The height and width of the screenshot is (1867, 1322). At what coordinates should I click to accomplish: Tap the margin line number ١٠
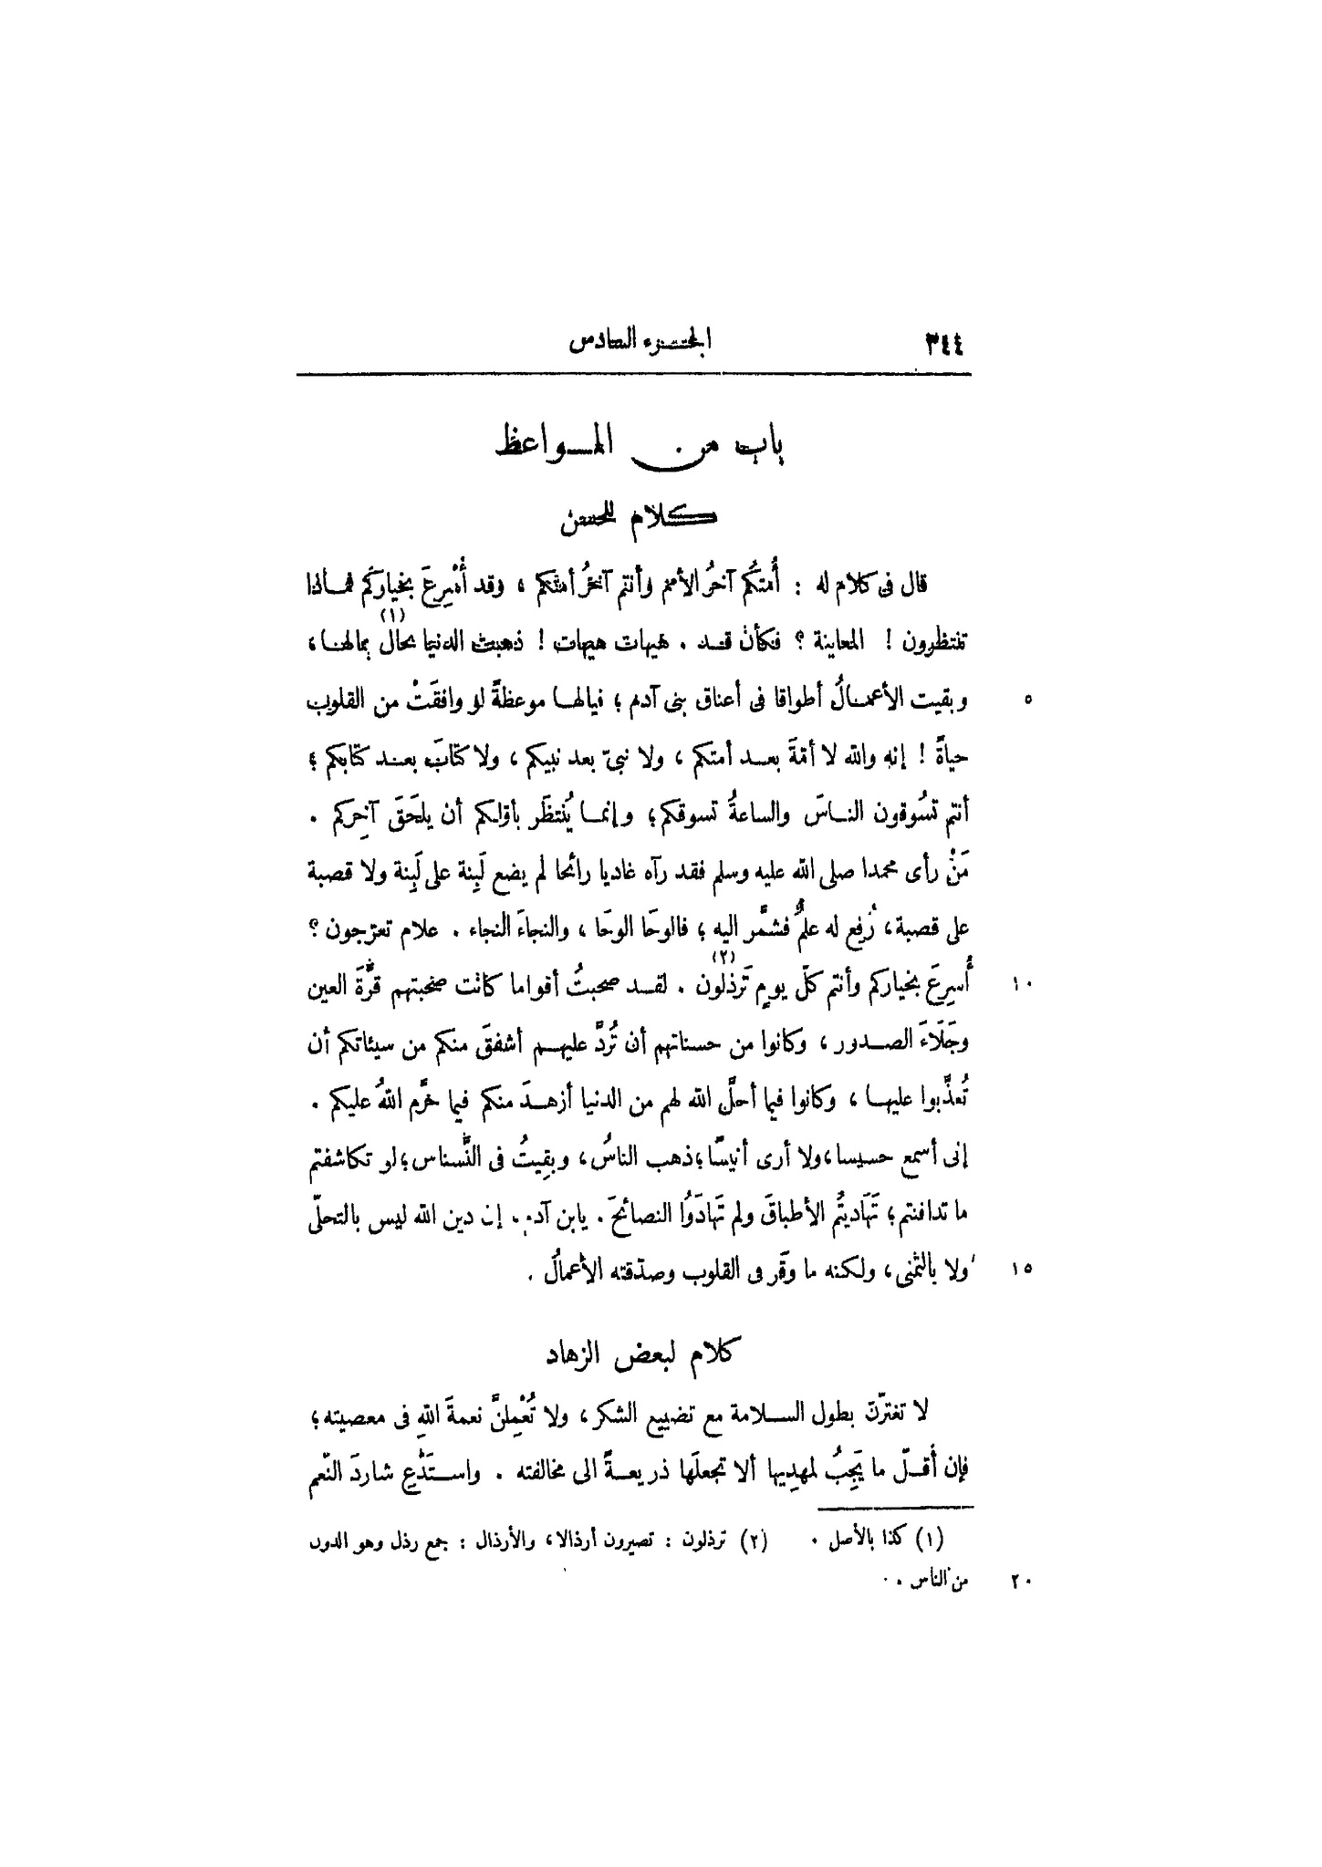click(1021, 984)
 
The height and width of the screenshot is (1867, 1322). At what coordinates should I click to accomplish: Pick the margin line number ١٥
click(1021, 1267)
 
